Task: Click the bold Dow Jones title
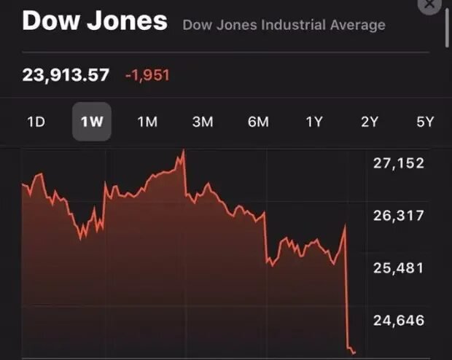(95, 20)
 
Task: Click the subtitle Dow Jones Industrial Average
(284, 26)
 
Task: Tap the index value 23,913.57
(66, 74)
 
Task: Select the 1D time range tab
(36, 122)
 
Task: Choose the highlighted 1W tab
(92, 122)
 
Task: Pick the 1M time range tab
(147, 122)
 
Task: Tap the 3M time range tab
(203, 122)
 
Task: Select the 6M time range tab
(258, 122)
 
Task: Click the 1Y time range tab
(313, 122)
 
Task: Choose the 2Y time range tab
(370, 122)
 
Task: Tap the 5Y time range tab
(425, 122)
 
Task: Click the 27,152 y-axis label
(398, 163)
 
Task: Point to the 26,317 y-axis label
(398, 216)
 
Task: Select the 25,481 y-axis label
(398, 268)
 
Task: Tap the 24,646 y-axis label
(398, 321)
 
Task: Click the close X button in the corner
(430, 4)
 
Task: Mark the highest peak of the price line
(183, 151)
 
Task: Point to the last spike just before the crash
(345, 227)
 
